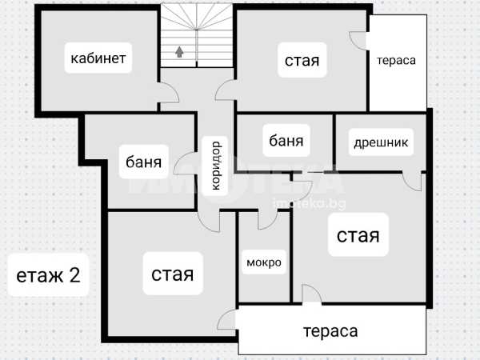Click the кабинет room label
click(x=98, y=58)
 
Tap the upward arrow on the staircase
click(x=179, y=52)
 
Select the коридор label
click(x=216, y=166)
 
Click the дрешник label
click(x=381, y=142)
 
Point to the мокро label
click(x=264, y=262)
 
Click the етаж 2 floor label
click(x=48, y=275)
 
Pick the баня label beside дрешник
click(x=286, y=141)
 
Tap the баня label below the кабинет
click(x=143, y=162)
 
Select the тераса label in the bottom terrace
click(x=330, y=331)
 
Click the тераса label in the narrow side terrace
click(x=397, y=60)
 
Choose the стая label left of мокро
click(x=173, y=274)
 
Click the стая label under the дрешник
click(x=358, y=235)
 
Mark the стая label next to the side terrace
click(x=302, y=60)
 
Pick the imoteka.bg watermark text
click(x=309, y=203)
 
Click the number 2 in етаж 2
click(x=75, y=274)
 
